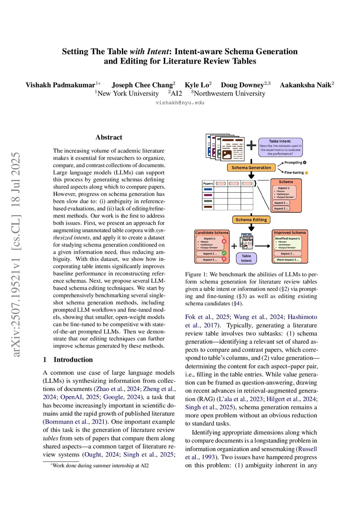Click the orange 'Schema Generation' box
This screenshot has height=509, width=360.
click(x=251, y=168)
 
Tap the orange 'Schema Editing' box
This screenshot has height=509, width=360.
click(x=251, y=220)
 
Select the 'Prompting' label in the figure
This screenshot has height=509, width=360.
click(x=293, y=163)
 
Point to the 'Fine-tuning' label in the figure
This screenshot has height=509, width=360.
click(x=294, y=173)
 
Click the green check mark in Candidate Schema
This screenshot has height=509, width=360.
click(x=224, y=253)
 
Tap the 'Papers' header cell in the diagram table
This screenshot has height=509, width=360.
click(x=208, y=183)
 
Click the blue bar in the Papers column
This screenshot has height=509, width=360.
click(x=208, y=189)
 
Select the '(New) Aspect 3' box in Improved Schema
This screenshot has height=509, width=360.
click(x=287, y=260)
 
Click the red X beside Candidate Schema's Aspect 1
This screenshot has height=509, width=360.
click(x=224, y=241)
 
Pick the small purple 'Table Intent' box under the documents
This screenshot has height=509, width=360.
click(x=246, y=258)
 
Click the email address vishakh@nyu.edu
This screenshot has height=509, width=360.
click(x=180, y=103)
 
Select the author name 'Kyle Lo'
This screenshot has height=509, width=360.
click(x=197, y=85)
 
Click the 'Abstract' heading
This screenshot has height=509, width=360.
click(x=109, y=137)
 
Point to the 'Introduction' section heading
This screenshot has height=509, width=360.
click(x=73, y=360)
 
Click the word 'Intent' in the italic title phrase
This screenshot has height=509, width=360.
click(x=158, y=52)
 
